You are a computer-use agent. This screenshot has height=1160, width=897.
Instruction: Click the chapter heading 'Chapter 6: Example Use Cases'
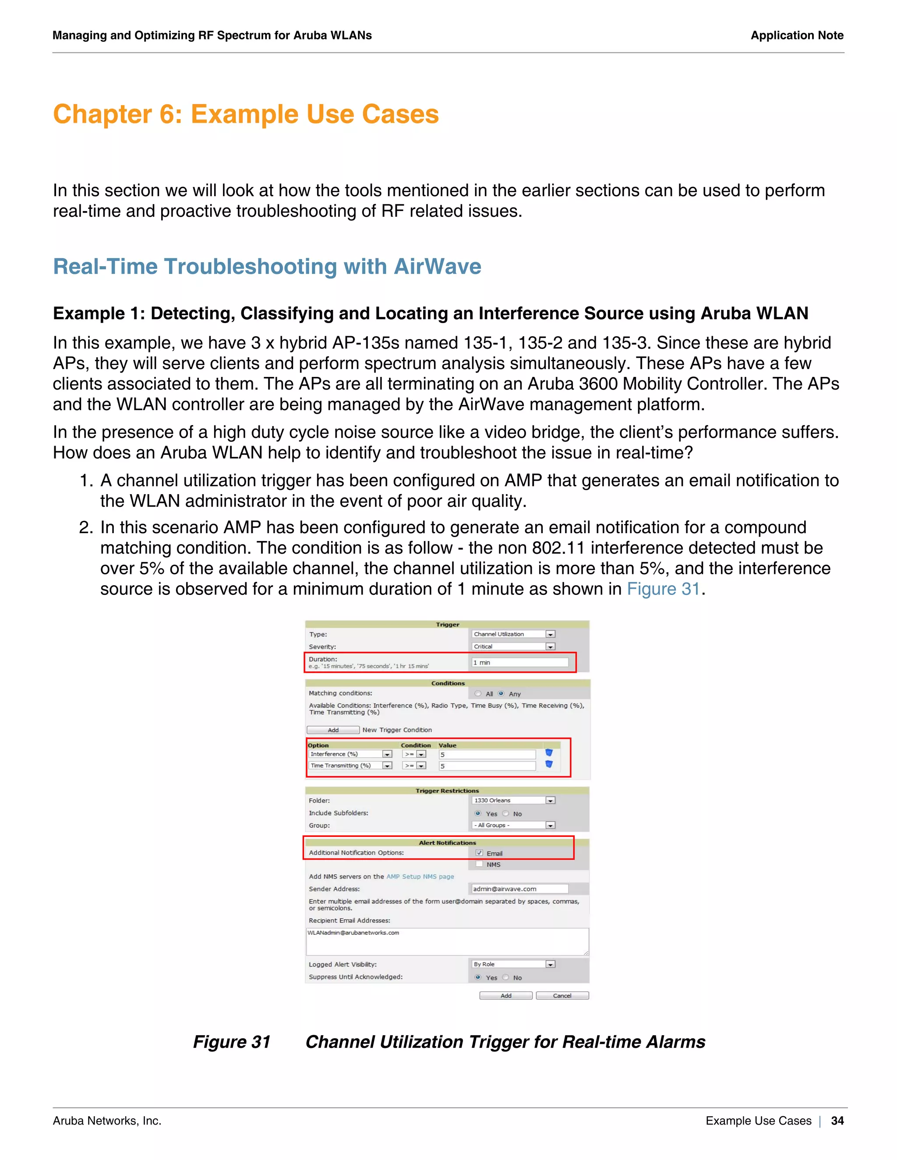click(246, 114)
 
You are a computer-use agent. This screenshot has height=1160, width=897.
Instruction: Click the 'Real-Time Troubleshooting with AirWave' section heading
click(267, 267)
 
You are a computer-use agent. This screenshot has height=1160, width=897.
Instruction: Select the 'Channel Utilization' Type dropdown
click(513, 634)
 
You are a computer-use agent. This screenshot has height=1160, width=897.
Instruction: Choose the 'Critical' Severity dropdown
click(513, 647)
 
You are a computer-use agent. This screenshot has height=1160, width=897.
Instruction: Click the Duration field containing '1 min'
click(519, 662)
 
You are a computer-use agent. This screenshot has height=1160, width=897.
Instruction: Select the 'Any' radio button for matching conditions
click(501, 694)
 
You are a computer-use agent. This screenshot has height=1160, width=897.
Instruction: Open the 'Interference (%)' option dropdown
click(350, 754)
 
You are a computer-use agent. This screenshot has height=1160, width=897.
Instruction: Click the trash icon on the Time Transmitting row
click(549, 765)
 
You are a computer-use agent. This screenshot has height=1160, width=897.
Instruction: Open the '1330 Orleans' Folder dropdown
click(513, 801)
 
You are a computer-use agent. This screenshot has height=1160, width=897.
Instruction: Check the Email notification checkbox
click(479, 853)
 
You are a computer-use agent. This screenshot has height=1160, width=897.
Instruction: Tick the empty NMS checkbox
click(479, 864)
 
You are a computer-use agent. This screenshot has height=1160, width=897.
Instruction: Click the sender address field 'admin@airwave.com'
click(519, 889)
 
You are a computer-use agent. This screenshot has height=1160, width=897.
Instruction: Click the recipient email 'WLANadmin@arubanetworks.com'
click(354, 933)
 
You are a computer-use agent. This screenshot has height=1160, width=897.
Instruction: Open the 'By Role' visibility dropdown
click(513, 964)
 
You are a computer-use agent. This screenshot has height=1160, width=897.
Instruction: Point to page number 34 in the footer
click(837, 1121)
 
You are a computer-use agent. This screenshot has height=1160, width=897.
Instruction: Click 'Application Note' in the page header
click(797, 35)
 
